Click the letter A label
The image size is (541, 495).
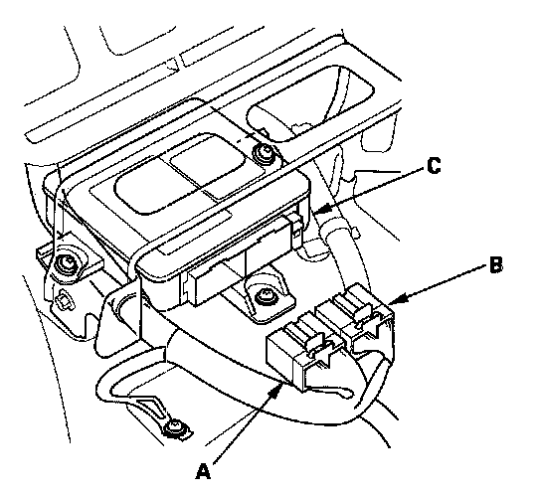pos(203,471)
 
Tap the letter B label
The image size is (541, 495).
pos(496,265)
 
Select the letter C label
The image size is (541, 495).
pos(434,165)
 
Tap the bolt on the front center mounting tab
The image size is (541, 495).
pos(264,295)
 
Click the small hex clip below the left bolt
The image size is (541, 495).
pos(65,299)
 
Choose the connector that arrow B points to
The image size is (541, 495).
pos(359,319)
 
